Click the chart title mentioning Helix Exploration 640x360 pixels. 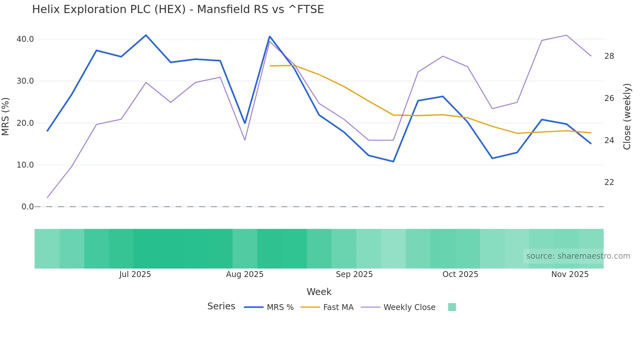click(x=178, y=9)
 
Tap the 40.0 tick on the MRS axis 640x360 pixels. click(x=25, y=39)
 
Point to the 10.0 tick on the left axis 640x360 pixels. click(x=25, y=165)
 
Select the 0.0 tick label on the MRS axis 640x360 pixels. click(x=27, y=207)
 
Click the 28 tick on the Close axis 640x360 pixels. click(x=609, y=56)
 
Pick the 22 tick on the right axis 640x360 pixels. click(x=609, y=182)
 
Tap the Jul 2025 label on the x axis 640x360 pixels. click(x=135, y=274)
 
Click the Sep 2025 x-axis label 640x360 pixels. click(x=354, y=274)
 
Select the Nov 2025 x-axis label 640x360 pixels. click(x=570, y=274)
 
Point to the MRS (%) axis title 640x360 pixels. click(x=6, y=116)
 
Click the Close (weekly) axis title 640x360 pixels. click(x=627, y=116)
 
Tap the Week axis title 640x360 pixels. click(x=319, y=292)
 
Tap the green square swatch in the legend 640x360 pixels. click(x=452, y=307)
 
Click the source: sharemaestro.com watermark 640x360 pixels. click(x=578, y=256)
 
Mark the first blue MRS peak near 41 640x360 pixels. click(x=146, y=35)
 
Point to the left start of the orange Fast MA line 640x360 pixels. click(x=270, y=66)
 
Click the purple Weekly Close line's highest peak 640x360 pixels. click(x=567, y=35)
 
